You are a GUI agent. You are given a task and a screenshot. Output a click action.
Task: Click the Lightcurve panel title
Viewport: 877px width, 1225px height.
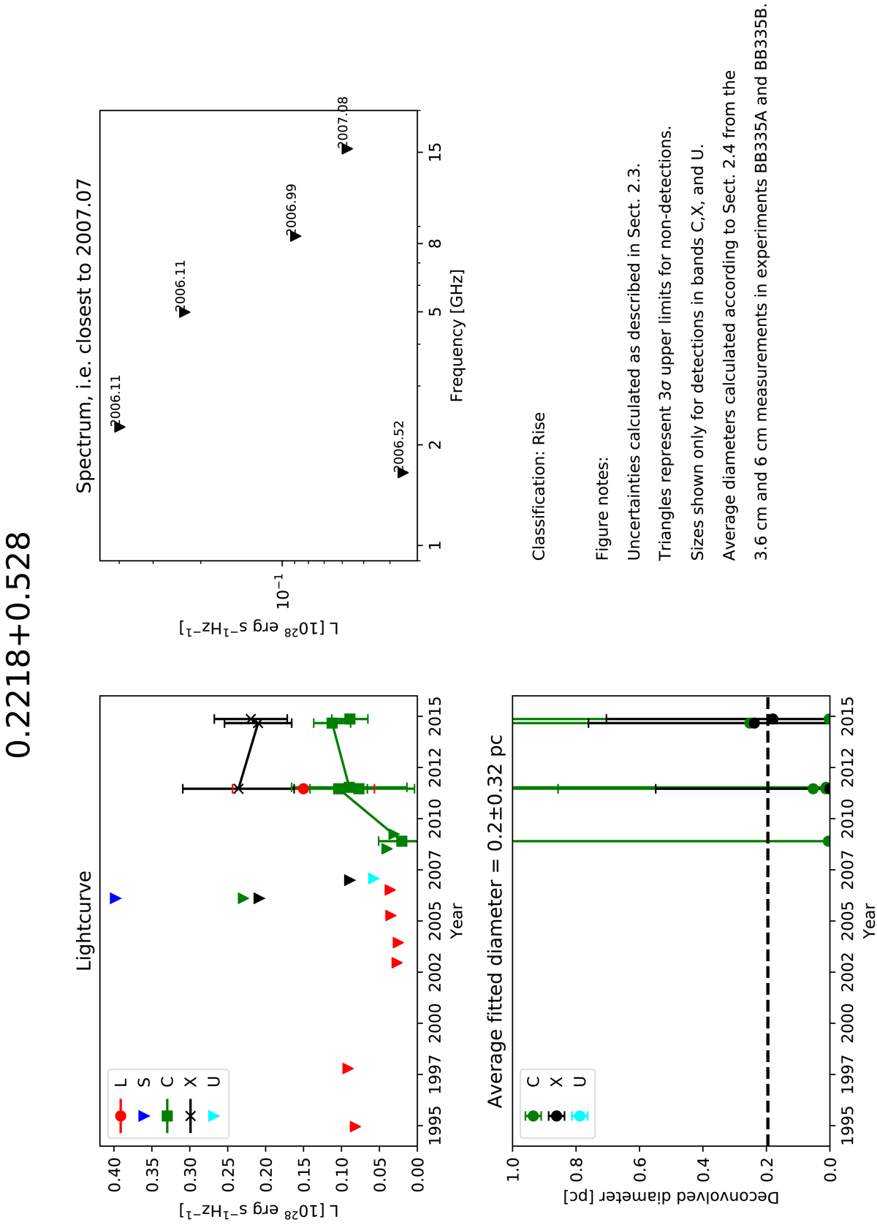pos(86,920)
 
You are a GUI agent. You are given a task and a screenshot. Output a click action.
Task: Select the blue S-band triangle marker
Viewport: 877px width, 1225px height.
pos(115,898)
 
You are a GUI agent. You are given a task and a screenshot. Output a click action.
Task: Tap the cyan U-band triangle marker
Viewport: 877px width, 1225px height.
pos(373,878)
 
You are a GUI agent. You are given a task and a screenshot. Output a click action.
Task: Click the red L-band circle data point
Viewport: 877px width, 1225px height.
pos(303,789)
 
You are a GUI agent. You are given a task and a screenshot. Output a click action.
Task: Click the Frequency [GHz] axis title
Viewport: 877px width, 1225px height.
pos(458,335)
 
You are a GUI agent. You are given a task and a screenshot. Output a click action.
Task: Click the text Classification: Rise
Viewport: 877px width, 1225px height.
pos(539,487)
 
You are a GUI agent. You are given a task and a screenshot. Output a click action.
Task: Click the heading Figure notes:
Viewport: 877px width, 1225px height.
pos(602,509)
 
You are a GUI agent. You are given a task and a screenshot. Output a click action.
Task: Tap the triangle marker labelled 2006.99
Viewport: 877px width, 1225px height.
pos(295,236)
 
